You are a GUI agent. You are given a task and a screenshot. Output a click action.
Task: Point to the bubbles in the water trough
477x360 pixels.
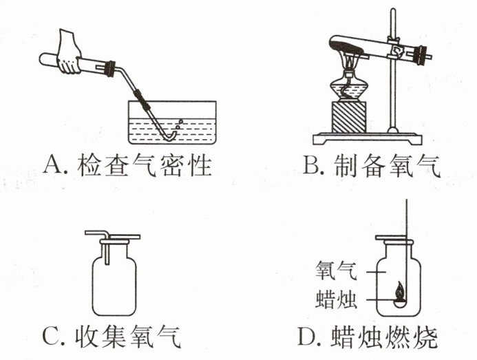click(x=180, y=123)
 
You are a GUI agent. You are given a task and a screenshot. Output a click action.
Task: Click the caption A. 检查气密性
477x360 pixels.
click(x=127, y=165)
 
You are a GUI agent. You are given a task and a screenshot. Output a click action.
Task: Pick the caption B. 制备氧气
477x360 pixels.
click(x=372, y=165)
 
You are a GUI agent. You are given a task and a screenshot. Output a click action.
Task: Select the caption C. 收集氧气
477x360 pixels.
click(x=114, y=337)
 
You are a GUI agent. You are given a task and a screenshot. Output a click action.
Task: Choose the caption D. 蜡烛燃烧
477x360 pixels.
click(x=368, y=337)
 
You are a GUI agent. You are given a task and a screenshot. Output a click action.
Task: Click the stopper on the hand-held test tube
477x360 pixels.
click(x=107, y=67)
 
